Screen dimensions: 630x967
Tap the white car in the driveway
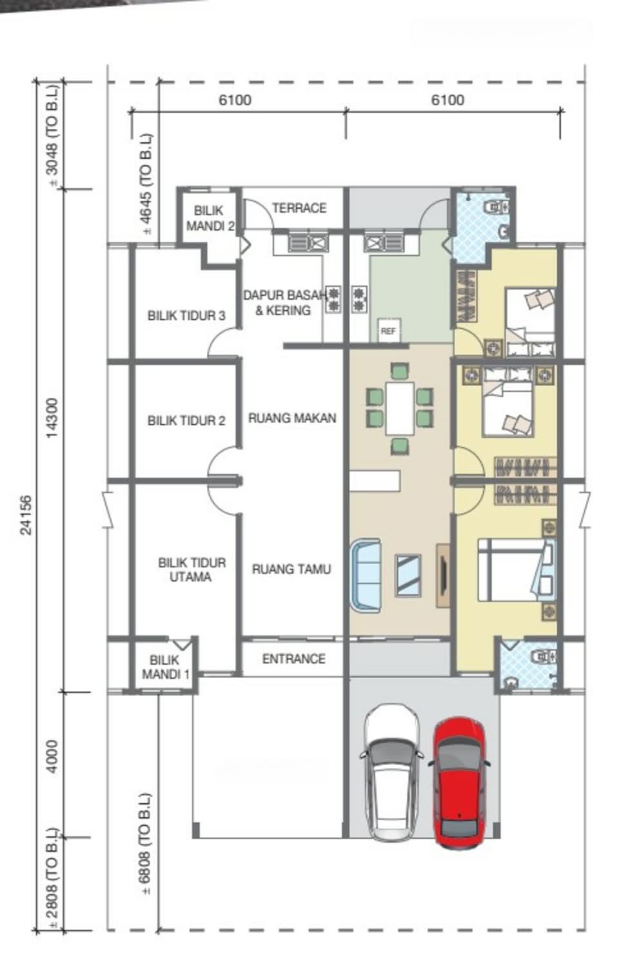pos(391,772)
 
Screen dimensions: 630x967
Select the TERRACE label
pos(299,208)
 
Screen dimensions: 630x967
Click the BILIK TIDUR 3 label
pos(186,316)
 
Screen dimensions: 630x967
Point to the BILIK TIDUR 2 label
pos(186,420)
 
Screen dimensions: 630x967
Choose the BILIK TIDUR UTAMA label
pos(192,569)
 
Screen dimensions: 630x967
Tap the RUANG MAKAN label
pos(292,418)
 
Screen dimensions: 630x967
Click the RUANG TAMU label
pos(291,569)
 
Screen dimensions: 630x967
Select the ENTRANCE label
pos(293,659)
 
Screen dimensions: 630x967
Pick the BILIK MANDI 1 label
pos(165,667)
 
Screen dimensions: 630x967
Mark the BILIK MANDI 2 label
pos(210,218)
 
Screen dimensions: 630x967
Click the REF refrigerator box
pos(388,331)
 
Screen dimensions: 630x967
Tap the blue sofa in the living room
pos(366,575)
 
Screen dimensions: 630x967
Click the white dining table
pos(400,408)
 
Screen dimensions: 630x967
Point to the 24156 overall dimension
pos(26,515)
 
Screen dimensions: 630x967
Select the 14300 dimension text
pos(52,418)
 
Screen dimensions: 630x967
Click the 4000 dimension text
pos(52,756)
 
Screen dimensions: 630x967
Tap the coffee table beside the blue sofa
pos(408,576)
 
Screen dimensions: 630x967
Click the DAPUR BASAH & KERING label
pos(284,302)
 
